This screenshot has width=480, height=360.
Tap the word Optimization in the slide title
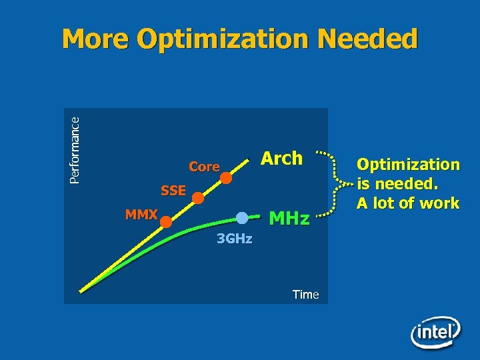click(x=223, y=40)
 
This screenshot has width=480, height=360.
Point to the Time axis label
click(x=305, y=294)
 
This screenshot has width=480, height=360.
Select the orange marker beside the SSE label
click(x=198, y=197)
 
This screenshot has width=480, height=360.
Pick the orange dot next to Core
click(x=227, y=178)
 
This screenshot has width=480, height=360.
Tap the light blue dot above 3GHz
click(x=242, y=217)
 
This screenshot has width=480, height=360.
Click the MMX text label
click(x=141, y=215)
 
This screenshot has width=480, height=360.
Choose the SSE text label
click(x=173, y=191)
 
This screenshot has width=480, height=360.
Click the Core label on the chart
click(x=204, y=167)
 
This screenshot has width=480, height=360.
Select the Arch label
click(x=281, y=159)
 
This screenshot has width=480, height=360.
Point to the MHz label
click(x=289, y=218)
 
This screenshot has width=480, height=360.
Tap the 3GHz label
click(x=235, y=239)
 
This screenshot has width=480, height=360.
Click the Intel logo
click(x=435, y=331)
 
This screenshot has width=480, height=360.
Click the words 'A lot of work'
click(x=408, y=203)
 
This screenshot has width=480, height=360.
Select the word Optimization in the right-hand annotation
click(x=408, y=164)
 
